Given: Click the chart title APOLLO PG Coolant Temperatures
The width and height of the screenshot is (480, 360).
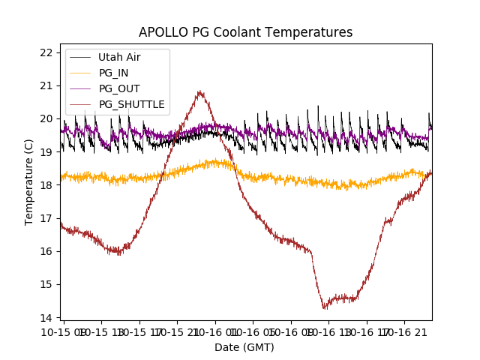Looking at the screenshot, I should coord(245,32).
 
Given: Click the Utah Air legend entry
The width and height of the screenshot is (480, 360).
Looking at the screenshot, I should coord(119,57).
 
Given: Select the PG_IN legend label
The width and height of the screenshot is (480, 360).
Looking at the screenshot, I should coord(113,73).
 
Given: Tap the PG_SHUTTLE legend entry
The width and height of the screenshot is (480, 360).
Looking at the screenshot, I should coord(131,104).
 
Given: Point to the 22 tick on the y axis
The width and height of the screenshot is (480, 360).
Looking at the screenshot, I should coord(46,52).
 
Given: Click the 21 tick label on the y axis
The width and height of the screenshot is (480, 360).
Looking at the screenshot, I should coord(46,85).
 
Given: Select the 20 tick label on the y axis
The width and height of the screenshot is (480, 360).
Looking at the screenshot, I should coord(46,118).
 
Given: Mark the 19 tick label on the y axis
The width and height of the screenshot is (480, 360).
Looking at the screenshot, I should coord(46,151).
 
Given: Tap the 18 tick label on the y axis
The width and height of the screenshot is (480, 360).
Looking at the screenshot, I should coord(46,184).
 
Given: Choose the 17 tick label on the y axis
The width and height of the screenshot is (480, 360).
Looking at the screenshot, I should coord(46,218).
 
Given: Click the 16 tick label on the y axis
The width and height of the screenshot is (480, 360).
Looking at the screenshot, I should coord(46,251).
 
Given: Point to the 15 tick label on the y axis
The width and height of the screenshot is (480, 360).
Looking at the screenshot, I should coord(46,284).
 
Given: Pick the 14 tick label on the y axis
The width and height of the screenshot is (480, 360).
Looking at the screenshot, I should coord(46,317).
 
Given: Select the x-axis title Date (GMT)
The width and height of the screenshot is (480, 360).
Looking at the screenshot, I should coord(244,347).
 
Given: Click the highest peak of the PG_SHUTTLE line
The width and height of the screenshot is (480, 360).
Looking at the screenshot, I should coord(199,91).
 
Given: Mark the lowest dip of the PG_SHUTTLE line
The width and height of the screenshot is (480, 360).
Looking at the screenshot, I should coord(325,308).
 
